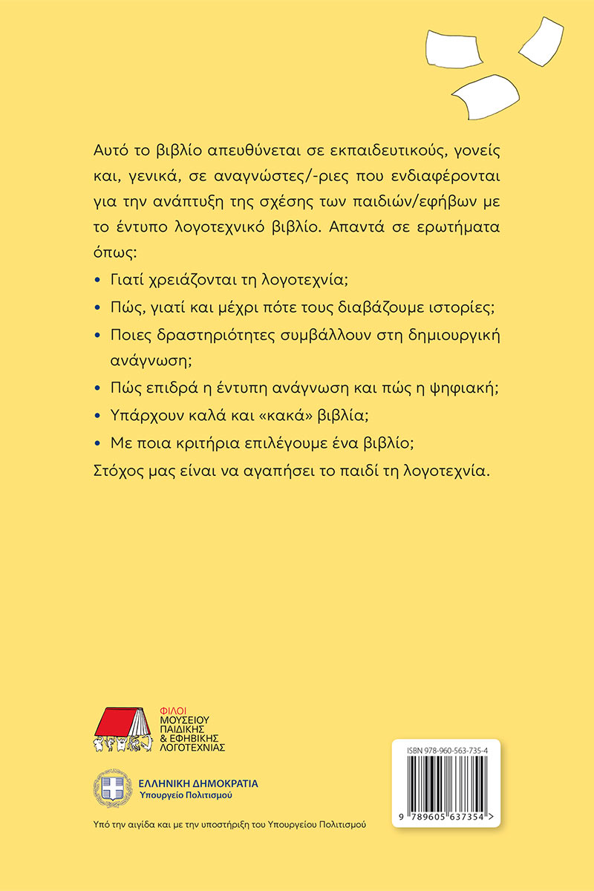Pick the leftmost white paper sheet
point(452,46)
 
